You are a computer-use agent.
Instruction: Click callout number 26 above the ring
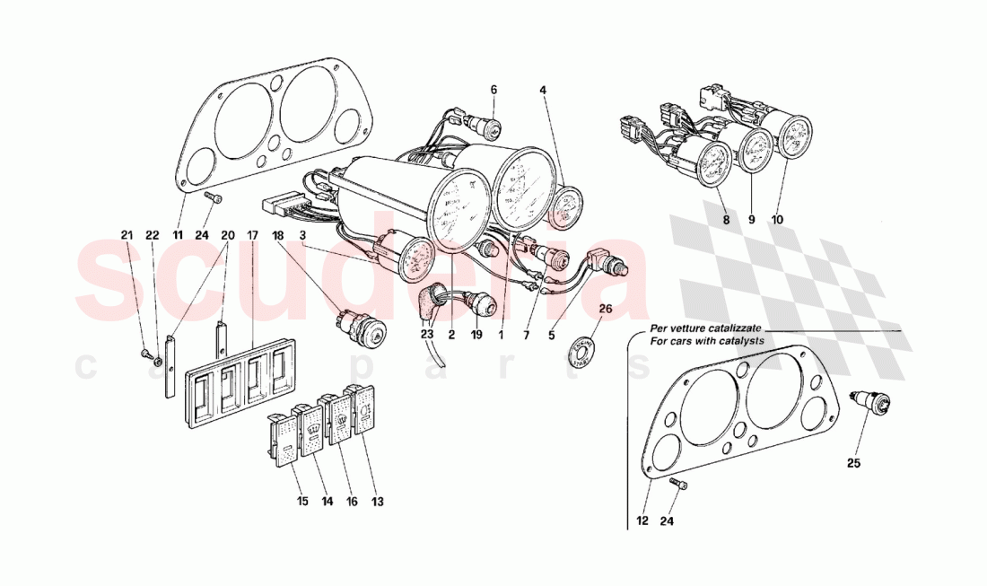(605, 310)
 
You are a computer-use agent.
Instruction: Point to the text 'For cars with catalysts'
(708, 341)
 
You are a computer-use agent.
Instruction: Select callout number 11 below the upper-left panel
(178, 235)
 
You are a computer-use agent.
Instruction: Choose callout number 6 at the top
(493, 90)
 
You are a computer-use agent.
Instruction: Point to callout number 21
(127, 235)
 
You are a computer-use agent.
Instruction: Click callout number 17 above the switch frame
(253, 235)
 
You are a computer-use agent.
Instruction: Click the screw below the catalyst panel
(678, 485)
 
